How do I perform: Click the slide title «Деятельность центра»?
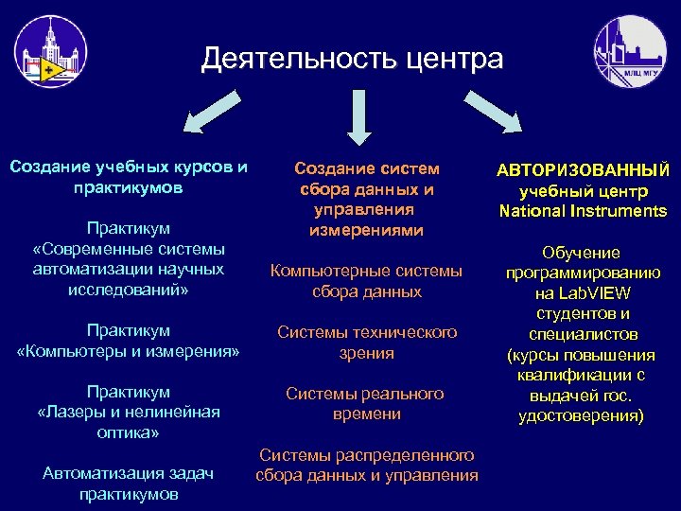pyautogui.click(x=352, y=59)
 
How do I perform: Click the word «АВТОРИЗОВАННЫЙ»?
pyautogui.click(x=584, y=169)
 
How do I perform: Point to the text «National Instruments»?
pyautogui.click(x=584, y=210)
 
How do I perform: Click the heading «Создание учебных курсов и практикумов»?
pyautogui.click(x=129, y=177)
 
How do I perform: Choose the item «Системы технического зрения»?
pyautogui.click(x=367, y=343)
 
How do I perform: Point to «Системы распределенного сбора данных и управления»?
pyautogui.click(x=367, y=465)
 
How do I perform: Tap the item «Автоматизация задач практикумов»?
pyautogui.click(x=129, y=483)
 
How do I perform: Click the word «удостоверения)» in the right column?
pyautogui.click(x=583, y=415)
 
